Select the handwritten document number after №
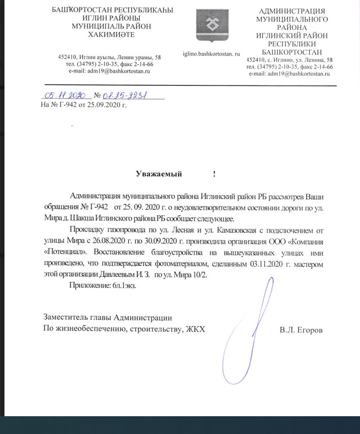click(125, 96)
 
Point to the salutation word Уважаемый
click(159, 174)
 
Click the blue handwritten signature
click(251, 329)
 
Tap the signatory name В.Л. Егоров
click(301, 330)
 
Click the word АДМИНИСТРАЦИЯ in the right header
click(291, 11)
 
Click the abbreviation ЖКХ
click(196, 330)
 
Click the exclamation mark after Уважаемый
click(214, 174)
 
